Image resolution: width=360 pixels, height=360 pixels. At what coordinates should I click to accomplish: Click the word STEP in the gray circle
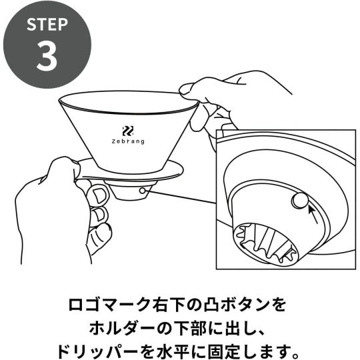pos(47,25)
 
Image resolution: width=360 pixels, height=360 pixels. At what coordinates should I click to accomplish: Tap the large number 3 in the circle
pos(47,56)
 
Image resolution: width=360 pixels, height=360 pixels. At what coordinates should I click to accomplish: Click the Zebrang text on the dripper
pos(128,141)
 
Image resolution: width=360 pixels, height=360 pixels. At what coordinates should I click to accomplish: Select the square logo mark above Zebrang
pos(128,131)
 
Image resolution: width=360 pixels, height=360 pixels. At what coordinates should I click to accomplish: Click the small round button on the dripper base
pos(143,190)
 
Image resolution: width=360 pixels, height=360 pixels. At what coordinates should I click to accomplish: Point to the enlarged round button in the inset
pos(300,201)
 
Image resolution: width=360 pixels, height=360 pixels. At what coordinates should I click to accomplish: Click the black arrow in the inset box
pos(313,215)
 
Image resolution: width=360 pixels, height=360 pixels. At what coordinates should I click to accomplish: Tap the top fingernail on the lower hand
pos(99,196)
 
